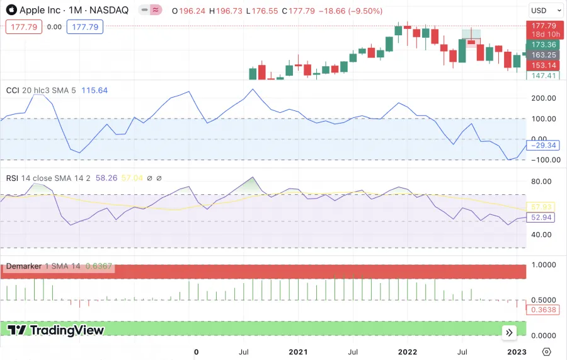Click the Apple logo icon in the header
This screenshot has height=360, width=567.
click(x=11, y=10)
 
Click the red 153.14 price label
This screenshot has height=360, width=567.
click(x=542, y=66)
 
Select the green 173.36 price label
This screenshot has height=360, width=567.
click(x=542, y=45)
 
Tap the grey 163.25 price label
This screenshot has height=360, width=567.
click(x=542, y=55)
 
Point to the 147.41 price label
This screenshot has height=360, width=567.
click(x=542, y=76)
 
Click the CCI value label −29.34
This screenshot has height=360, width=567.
click(x=542, y=145)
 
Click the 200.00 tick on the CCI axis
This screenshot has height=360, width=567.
click(x=543, y=98)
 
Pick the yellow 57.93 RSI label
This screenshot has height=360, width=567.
click(x=542, y=207)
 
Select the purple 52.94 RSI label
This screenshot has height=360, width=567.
click(x=542, y=218)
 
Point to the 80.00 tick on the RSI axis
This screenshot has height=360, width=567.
click(x=543, y=182)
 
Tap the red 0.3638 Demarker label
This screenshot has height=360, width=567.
click(x=542, y=310)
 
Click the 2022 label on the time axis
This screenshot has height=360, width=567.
click(x=408, y=352)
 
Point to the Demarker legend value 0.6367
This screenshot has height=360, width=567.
click(x=98, y=266)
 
